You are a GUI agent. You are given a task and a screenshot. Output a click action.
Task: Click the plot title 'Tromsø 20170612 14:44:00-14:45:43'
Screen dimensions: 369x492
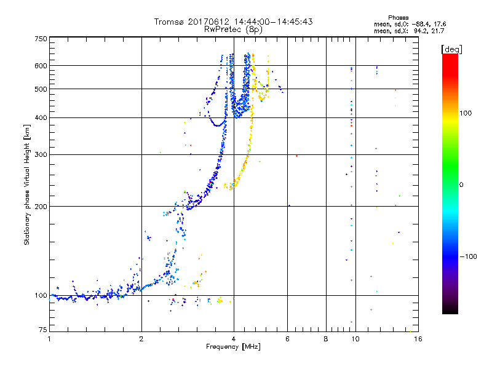click(233, 22)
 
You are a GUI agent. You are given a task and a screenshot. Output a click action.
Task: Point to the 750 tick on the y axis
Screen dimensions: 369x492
click(41, 39)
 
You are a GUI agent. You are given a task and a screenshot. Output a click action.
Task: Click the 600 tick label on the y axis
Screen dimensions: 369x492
click(41, 66)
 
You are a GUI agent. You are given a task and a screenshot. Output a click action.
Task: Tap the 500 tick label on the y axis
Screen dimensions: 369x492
click(41, 89)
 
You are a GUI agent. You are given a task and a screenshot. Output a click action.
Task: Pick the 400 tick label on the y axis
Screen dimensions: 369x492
click(41, 118)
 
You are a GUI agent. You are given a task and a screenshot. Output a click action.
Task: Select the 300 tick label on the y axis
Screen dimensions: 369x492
click(41, 155)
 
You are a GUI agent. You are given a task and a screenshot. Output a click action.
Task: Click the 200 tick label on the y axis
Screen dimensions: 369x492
click(41, 207)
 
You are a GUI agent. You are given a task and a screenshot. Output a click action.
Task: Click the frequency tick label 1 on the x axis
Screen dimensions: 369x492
click(49, 339)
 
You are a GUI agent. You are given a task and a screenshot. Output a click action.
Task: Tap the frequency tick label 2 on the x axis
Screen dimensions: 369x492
click(141, 339)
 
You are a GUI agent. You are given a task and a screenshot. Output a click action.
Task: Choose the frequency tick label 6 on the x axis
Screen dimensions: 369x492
click(287, 339)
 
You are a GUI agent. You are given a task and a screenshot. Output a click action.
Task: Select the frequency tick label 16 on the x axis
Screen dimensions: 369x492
click(417, 339)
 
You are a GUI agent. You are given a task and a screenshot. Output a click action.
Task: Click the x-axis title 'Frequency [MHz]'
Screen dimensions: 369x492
click(233, 347)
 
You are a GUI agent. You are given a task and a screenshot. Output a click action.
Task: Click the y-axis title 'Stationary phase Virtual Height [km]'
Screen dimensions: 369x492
click(27, 184)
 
